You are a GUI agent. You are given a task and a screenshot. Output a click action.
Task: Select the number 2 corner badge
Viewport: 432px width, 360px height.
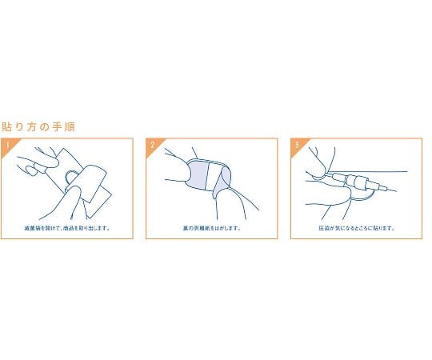[x=152, y=145]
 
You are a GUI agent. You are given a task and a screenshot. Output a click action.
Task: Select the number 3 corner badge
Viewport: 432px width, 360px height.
[x=296, y=145]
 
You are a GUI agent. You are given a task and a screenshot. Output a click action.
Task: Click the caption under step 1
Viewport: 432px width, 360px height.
[x=67, y=227]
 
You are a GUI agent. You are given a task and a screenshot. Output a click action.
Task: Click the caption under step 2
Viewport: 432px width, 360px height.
[x=211, y=227]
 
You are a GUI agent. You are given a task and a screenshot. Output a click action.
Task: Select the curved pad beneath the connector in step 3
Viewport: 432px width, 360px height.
[x=360, y=193]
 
